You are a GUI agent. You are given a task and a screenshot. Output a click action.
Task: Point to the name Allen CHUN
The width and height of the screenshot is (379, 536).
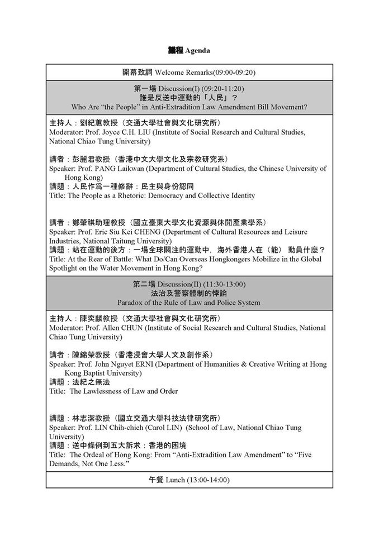[126, 328]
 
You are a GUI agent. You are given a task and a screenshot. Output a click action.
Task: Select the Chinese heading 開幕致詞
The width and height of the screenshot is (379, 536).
[138, 72]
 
